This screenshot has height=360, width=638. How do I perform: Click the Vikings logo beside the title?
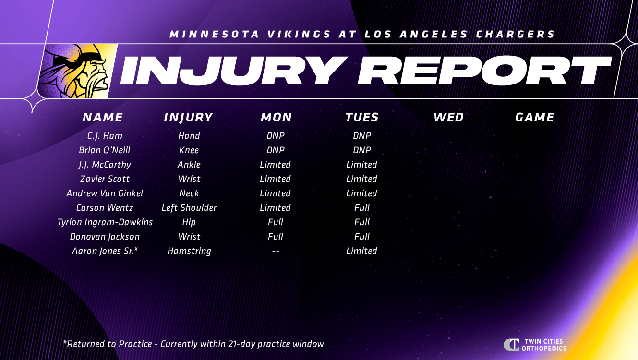(x=76, y=71)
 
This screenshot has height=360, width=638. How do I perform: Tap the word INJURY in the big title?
(x=234, y=71)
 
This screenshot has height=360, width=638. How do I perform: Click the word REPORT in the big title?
(x=484, y=71)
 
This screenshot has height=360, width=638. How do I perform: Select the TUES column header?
(x=361, y=117)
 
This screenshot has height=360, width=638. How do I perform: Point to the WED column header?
(x=448, y=117)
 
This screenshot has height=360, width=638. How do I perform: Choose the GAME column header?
(x=535, y=117)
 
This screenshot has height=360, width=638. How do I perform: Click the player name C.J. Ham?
(x=105, y=136)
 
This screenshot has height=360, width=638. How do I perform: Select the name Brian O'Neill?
(x=105, y=150)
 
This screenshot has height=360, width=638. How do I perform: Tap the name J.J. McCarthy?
(x=105, y=165)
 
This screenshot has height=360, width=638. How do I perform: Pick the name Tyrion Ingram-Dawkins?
(x=105, y=222)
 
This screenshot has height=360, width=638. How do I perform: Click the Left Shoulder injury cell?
(x=189, y=208)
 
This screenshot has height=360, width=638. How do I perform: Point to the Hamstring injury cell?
(x=189, y=251)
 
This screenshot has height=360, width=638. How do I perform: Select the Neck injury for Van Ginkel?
(x=189, y=193)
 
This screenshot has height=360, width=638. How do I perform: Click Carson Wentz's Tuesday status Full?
(x=361, y=208)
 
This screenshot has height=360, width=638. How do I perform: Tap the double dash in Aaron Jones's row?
(x=276, y=251)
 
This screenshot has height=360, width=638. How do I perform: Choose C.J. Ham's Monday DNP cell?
(x=276, y=136)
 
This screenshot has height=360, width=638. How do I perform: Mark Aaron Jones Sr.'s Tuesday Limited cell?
(x=361, y=251)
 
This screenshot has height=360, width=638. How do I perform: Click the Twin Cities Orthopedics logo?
(x=535, y=345)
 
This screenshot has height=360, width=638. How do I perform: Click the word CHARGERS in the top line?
(x=515, y=34)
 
